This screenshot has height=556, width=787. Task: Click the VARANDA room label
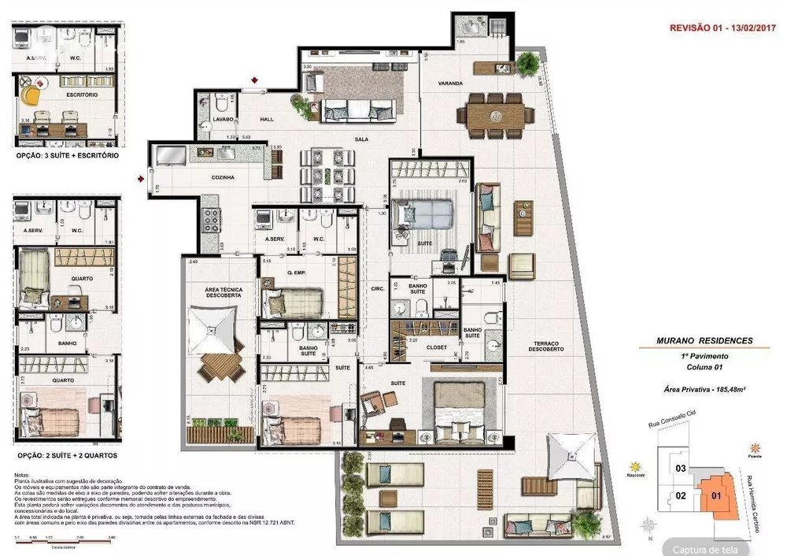click(451, 83)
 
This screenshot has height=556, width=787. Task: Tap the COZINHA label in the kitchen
click(223, 178)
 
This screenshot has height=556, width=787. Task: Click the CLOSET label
click(437, 347)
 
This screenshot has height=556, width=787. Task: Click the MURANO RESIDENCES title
click(704, 341)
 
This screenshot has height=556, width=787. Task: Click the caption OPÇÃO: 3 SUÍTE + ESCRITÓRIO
click(68, 156)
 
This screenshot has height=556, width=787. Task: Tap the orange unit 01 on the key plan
click(715, 496)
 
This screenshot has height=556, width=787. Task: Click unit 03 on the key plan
click(681, 469)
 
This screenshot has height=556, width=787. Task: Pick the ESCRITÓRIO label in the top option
click(82, 95)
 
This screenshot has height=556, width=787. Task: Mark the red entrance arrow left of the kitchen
click(142, 179)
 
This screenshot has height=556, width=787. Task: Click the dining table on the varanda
click(495, 115)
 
